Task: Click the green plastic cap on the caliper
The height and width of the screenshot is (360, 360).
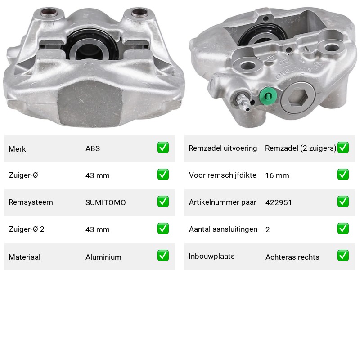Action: pyautogui.click(x=268, y=96)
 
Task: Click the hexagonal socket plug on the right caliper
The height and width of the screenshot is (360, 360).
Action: pyautogui.click(x=298, y=97)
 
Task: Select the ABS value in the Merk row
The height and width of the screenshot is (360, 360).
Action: pyautogui.click(x=93, y=148)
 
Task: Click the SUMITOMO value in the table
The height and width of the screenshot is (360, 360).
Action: pyautogui.click(x=106, y=202)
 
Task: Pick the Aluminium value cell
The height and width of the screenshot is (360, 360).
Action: pyautogui.click(x=103, y=257)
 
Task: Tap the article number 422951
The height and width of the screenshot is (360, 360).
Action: pyautogui.click(x=279, y=202)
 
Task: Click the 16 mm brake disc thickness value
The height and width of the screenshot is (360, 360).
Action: pyautogui.click(x=277, y=175)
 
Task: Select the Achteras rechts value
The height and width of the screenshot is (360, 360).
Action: pyautogui.click(x=292, y=257)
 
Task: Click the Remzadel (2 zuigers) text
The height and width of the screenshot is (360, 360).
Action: pyautogui.click(x=301, y=148)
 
